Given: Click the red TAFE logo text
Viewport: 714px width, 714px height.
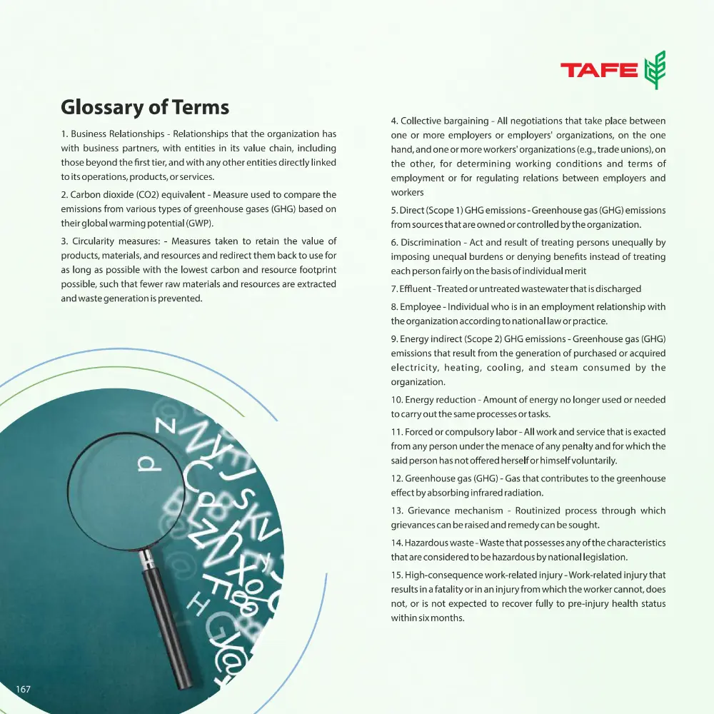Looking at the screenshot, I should point(598,70).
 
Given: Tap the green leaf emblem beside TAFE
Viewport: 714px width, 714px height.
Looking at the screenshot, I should point(655,70).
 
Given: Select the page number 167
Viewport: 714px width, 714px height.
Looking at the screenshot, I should point(23,689).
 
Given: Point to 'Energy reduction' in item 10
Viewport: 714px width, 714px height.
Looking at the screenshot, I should point(440,400).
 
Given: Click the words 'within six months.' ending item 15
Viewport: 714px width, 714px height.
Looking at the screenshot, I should point(428,618).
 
